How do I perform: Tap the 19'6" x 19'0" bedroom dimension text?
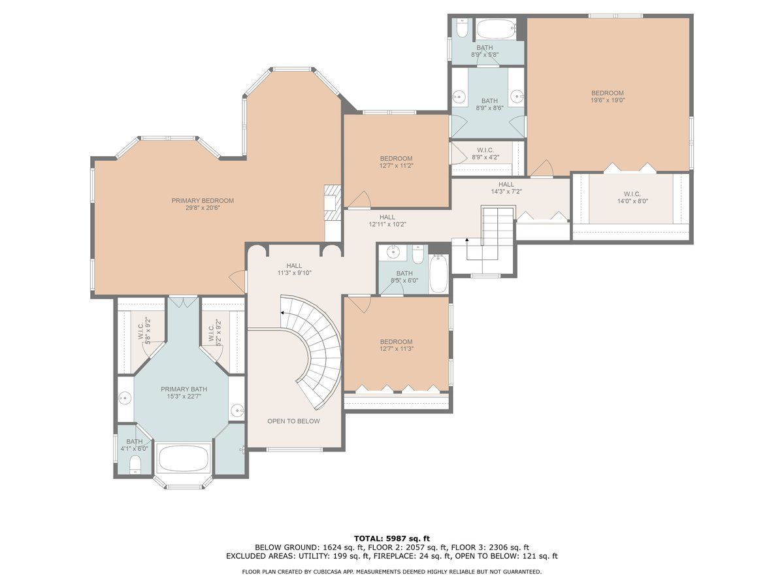[x=608, y=101]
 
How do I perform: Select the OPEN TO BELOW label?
[x=293, y=421]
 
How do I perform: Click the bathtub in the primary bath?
[x=184, y=459]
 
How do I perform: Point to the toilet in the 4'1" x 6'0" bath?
[x=135, y=465]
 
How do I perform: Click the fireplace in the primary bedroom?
[x=332, y=203]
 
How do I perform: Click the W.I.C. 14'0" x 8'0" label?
[x=632, y=197]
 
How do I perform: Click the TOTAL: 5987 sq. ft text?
[x=392, y=538]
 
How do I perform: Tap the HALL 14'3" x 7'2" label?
[x=506, y=188]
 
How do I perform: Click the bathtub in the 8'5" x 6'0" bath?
[x=438, y=274]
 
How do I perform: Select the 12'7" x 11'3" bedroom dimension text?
[x=397, y=349]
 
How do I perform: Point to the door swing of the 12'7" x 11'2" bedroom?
[x=361, y=199]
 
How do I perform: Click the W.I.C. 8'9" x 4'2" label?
[x=485, y=154]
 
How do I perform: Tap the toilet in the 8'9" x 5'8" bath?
[x=462, y=29]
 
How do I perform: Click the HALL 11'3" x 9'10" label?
[x=294, y=269]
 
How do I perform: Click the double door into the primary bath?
[x=183, y=302]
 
